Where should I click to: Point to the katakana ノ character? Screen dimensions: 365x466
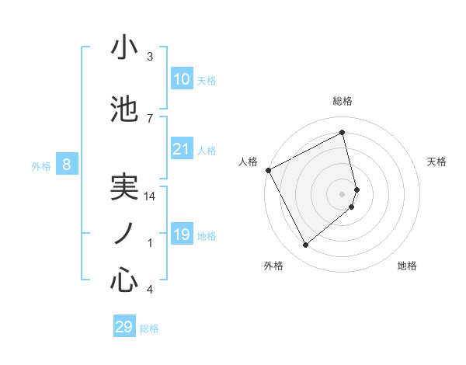point(124,233)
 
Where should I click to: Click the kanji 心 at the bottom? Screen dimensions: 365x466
point(124,280)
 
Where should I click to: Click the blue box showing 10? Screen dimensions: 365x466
point(182,79)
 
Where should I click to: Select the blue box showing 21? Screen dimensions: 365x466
point(182,149)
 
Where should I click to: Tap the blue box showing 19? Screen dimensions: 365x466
point(182,235)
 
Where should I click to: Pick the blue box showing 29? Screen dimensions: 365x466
point(124,327)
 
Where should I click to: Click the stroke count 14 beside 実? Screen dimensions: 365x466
point(150,196)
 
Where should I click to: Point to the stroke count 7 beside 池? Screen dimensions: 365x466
point(150,118)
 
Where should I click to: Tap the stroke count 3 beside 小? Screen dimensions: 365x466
point(150,57)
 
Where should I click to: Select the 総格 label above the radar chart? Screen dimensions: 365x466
point(343,101)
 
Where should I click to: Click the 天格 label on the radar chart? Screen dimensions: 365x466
point(436,162)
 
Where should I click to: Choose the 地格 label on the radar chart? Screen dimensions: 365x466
point(407,266)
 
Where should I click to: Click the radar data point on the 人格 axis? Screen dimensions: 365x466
point(268,170)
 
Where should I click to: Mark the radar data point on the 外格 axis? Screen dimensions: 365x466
point(305,245)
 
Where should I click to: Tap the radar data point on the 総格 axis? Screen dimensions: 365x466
point(343,133)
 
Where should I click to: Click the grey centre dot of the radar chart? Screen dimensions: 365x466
point(343,193)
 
